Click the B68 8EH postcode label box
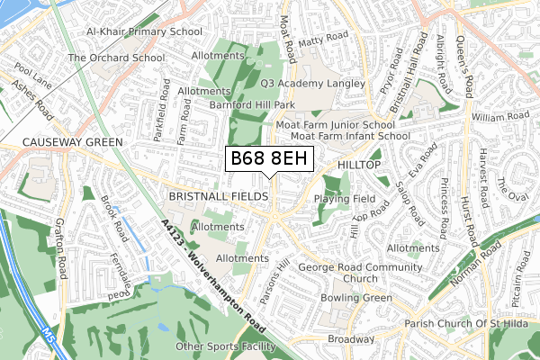pos(269,159)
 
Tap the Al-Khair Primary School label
pos(143,31)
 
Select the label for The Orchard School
pos(116,58)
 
